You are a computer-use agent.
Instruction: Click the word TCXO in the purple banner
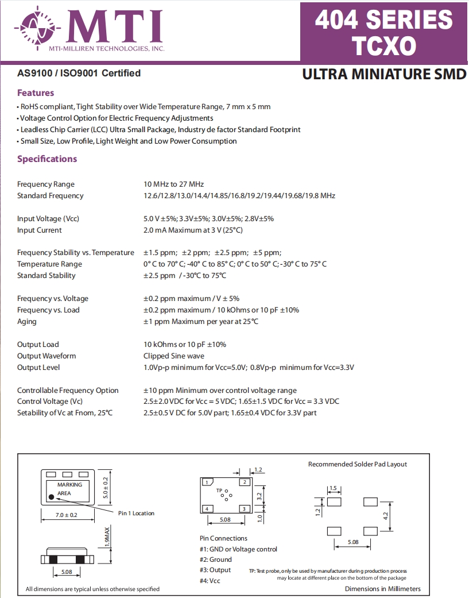383,45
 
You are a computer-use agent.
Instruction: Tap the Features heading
36,93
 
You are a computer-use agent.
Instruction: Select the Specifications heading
47,159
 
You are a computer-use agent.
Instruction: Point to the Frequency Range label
46,184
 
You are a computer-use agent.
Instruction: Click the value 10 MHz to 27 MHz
174,184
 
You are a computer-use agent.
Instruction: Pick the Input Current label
40,230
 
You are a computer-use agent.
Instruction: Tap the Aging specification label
27,322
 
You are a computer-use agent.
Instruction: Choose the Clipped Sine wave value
174,356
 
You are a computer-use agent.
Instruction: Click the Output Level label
38,368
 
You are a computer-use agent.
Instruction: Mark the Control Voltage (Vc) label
50,402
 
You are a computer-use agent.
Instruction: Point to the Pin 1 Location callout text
136,513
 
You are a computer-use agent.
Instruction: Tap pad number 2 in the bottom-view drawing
245,482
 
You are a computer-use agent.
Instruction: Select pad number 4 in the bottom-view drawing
207,508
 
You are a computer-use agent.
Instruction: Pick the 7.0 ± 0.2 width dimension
66,515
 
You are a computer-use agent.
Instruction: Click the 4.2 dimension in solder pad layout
385,516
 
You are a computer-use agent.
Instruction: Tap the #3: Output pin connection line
215,570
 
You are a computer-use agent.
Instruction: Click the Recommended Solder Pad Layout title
357,464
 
